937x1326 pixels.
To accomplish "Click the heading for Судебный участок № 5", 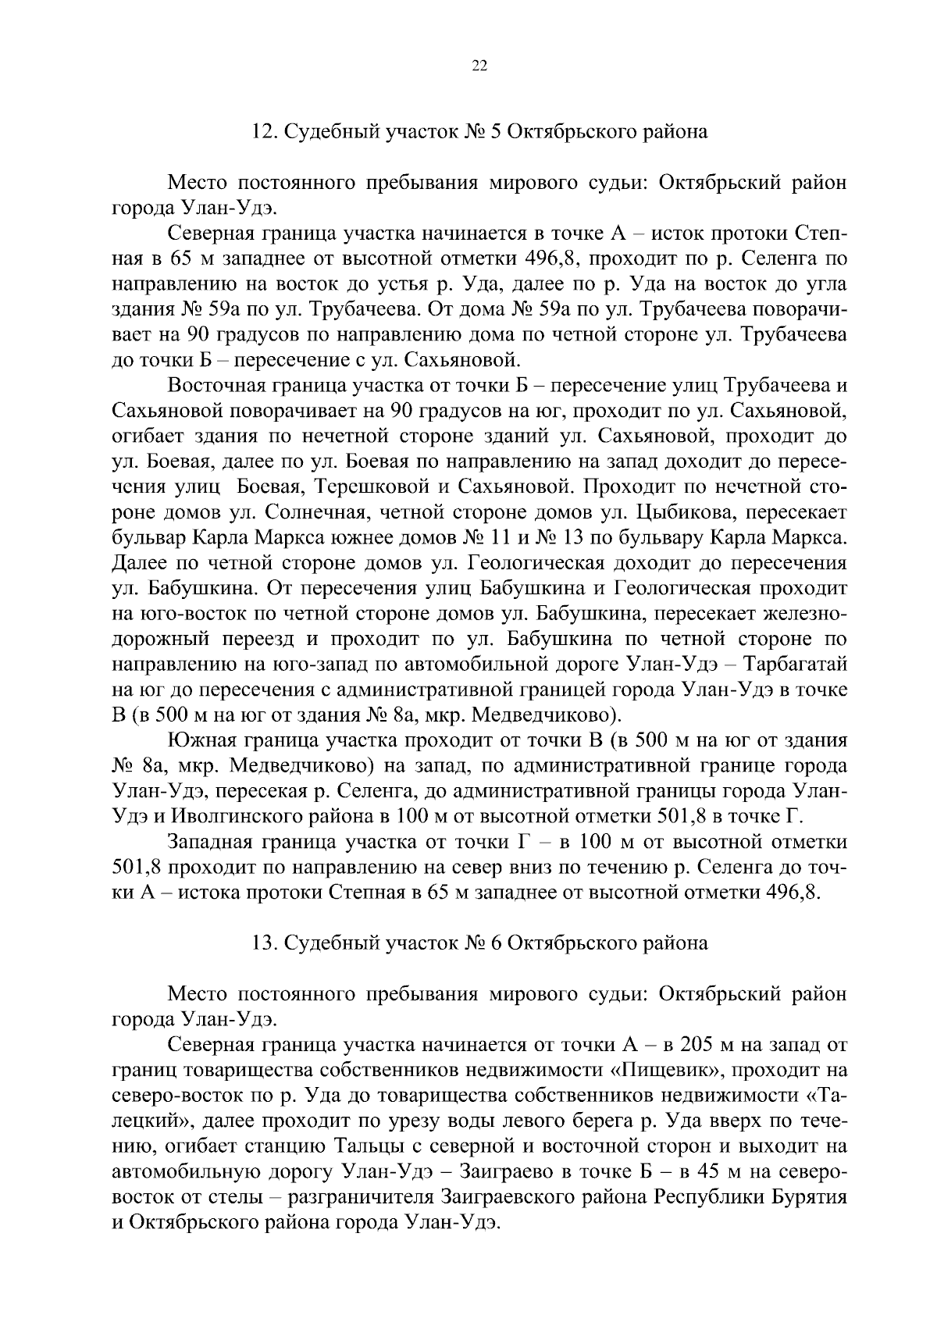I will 479,132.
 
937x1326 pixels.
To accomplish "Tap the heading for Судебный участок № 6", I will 479,943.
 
